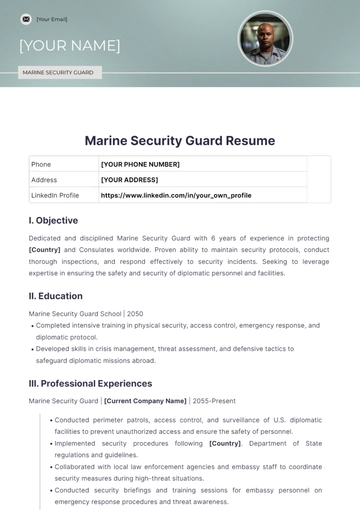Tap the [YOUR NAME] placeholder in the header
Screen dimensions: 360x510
click(69, 45)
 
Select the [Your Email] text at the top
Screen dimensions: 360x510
click(53, 18)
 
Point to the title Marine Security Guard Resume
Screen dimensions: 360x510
click(179, 141)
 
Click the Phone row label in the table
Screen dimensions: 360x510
click(41, 164)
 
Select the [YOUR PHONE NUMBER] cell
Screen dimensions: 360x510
click(140, 164)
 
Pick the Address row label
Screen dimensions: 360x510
click(44, 180)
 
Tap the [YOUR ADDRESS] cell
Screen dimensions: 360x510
click(130, 180)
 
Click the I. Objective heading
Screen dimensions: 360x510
click(54, 220)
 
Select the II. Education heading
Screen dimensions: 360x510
click(57, 295)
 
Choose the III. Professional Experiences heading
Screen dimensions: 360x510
click(90, 383)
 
